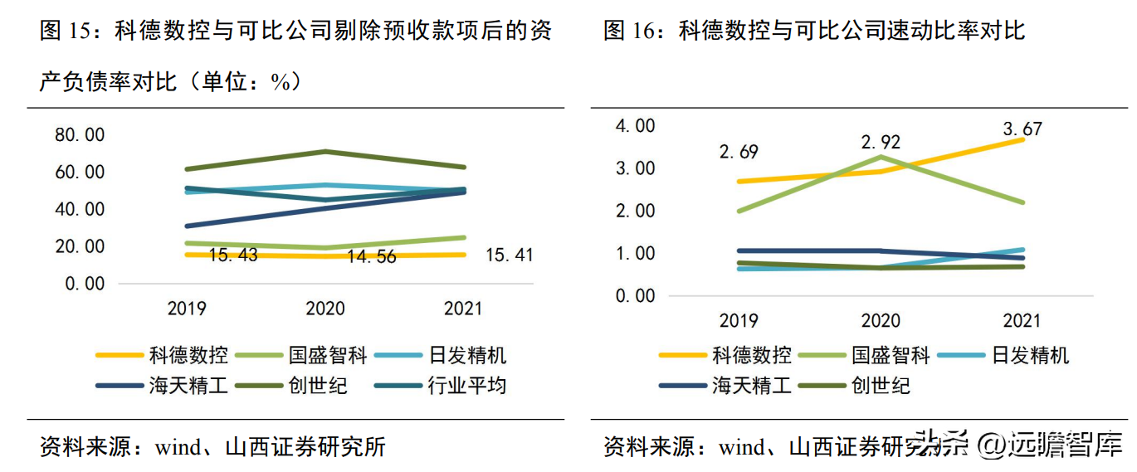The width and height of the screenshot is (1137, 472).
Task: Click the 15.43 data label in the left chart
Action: pos(233,255)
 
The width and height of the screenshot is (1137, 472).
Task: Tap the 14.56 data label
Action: pos(372,256)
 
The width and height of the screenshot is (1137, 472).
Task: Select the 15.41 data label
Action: pos(509,255)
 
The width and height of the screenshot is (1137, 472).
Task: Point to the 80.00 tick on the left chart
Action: pos(80,134)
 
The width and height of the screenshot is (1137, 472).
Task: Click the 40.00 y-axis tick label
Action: pos(80,209)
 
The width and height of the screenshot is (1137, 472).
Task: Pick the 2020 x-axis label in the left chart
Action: pos(325,309)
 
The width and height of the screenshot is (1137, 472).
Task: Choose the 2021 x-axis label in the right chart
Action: pos(1022,321)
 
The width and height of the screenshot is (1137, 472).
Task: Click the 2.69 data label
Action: pos(739,152)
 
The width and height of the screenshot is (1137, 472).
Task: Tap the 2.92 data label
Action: pos(881,142)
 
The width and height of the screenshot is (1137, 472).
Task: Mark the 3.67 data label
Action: pos(1022,129)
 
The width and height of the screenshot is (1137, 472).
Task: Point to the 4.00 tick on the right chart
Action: pos(635,125)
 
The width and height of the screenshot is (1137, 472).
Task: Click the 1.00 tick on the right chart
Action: pos(635,253)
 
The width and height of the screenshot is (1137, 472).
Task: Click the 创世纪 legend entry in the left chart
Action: pos(318,385)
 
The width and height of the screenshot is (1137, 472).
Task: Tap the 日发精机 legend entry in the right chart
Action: pos(1030,356)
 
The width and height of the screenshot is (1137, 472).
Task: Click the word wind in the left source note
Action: pos(178,447)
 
